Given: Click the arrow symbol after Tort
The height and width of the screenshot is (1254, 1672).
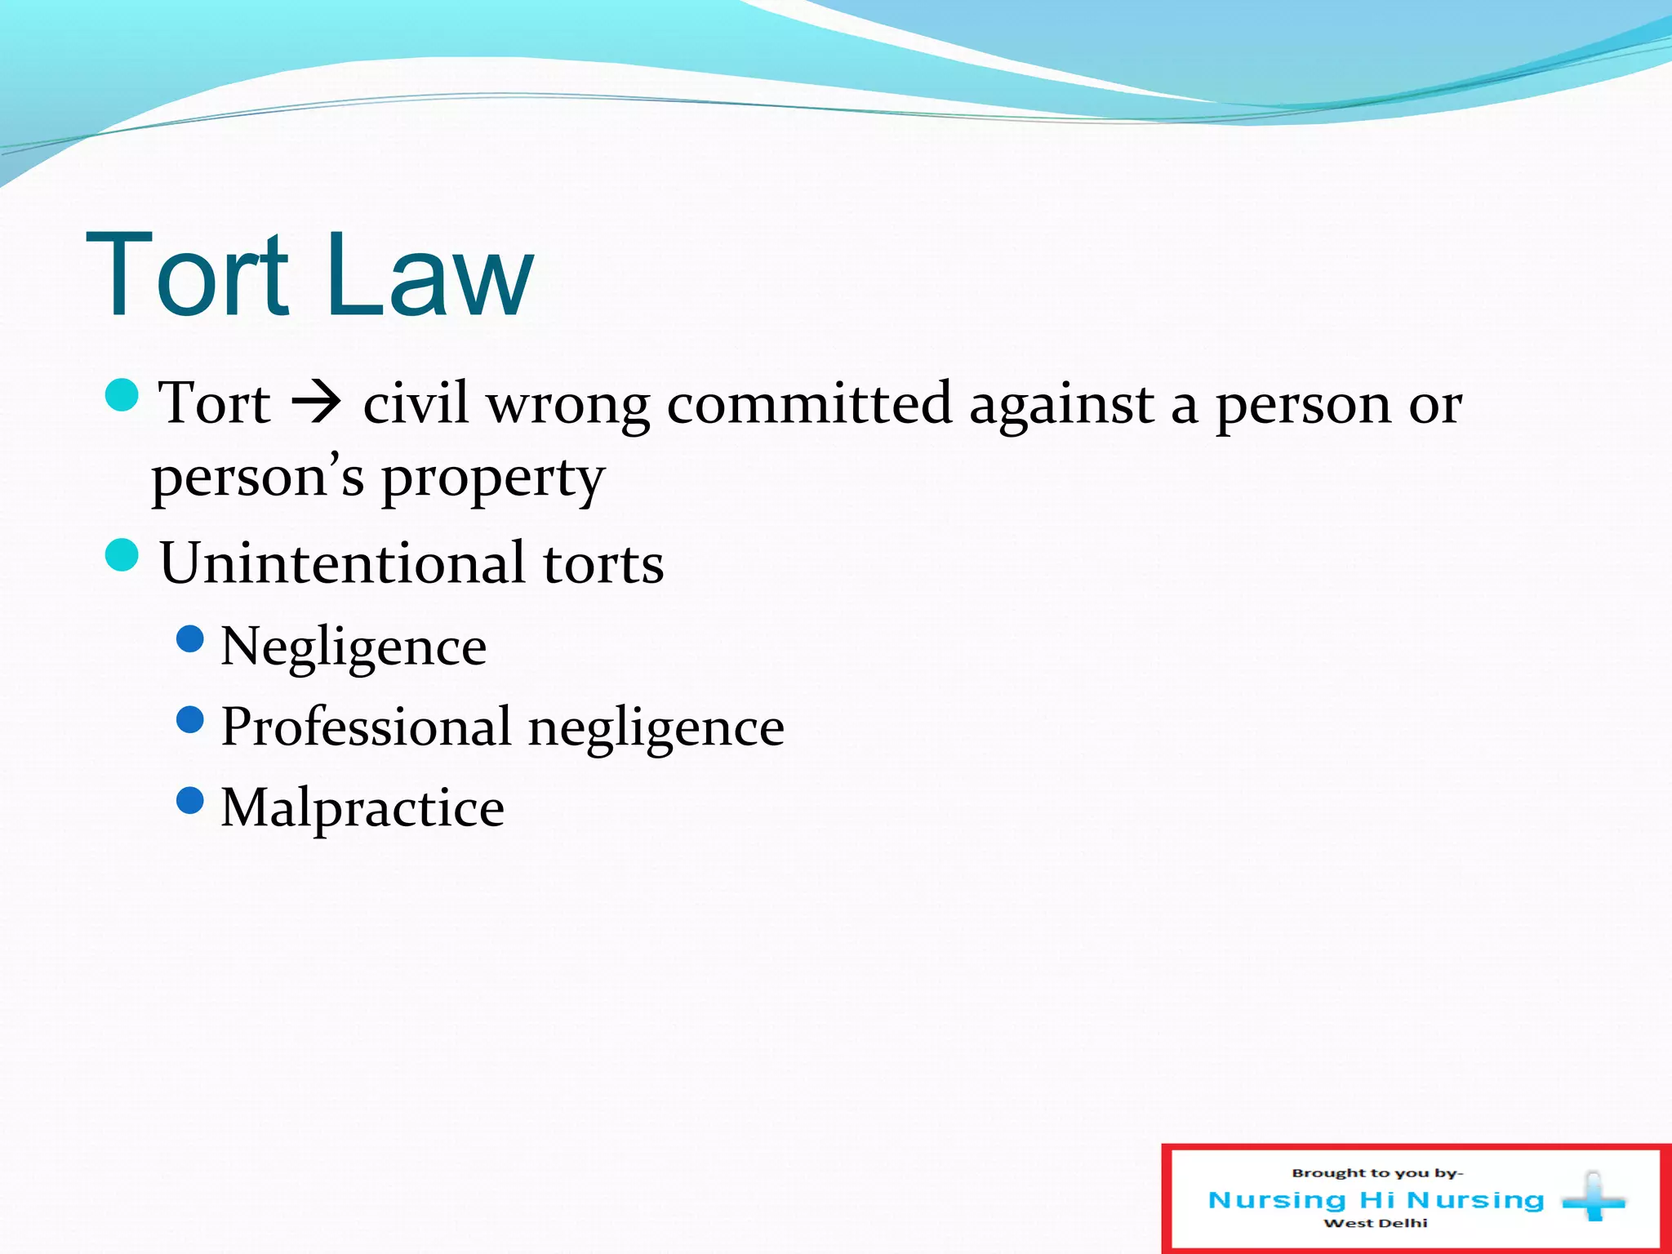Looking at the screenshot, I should click(316, 402).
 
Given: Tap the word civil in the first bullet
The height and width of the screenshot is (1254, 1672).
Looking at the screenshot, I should click(416, 402).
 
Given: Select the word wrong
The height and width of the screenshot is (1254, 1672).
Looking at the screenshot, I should click(568, 404).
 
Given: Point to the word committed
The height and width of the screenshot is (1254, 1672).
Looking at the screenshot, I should click(809, 402).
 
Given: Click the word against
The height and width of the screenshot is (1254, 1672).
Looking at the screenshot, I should click(1061, 404).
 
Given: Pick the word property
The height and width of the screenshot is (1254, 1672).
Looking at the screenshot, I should click(493, 479).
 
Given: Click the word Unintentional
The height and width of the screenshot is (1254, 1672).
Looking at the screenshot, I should click(343, 563).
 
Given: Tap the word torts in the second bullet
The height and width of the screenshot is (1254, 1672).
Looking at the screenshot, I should click(603, 564).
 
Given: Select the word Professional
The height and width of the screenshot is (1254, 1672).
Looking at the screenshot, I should click(367, 726).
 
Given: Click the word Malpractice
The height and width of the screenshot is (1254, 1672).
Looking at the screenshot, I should click(362, 807).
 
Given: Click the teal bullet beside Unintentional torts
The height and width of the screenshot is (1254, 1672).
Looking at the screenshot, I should click(122, 555).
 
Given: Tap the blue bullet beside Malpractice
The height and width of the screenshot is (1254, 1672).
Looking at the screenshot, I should click(190, 800).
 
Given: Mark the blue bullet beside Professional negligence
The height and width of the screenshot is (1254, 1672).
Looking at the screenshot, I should click(190, 719).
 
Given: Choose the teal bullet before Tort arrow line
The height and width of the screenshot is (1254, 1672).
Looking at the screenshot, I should click(122, 396).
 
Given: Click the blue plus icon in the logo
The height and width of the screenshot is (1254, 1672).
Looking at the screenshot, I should click(1593, 1198).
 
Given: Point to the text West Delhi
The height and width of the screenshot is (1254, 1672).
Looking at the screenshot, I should click(1376, 1223).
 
